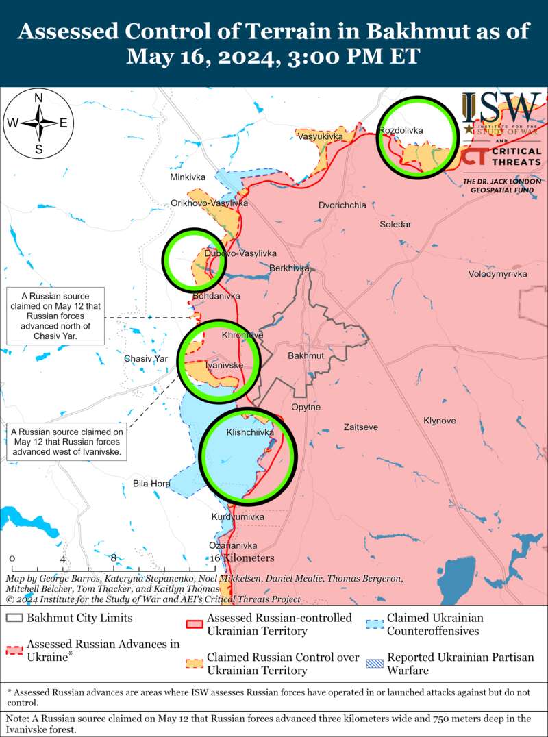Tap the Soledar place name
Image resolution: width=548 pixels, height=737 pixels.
point(396,224)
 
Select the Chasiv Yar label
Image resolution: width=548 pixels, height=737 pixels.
point(146,359)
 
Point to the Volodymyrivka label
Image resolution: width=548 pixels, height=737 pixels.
point(497,274)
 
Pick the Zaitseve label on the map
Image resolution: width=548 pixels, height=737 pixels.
point(361,427)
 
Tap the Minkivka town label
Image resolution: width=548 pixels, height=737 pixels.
point(188,177)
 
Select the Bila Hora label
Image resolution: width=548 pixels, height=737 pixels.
point(151,484)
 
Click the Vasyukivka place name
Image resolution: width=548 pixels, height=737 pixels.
point(320,137)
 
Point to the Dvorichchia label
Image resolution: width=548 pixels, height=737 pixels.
point(342,205)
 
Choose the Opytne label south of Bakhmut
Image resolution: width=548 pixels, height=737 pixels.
point(306,407)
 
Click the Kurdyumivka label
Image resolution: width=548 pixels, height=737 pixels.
point(235,516)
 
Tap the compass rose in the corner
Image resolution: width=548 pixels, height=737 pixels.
point(39,123)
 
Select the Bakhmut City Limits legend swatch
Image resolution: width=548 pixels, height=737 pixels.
point(14,618)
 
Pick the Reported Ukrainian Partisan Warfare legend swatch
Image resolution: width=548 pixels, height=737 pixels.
point(375,664)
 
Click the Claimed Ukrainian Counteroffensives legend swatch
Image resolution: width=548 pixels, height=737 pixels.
point(375,625)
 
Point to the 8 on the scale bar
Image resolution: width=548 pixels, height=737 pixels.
point(114,558)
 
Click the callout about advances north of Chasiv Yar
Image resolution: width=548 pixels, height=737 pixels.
point(54,316)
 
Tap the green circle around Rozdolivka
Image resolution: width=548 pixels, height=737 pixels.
point(418,135)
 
